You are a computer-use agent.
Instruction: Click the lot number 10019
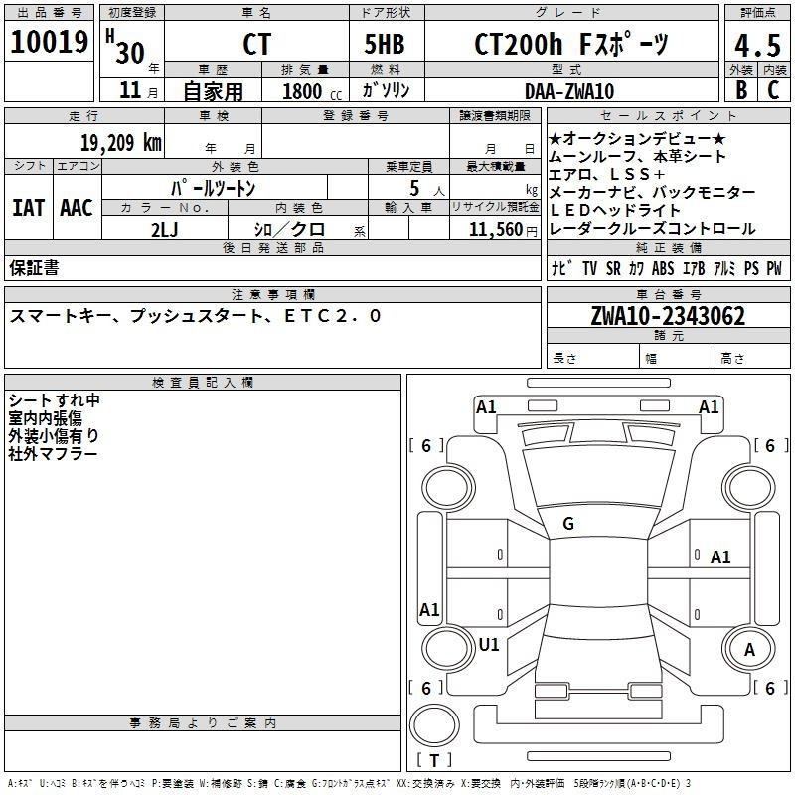click(49, 42)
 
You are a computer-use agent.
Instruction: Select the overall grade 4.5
click(757, 46)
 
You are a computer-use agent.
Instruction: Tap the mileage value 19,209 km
click(120, 143)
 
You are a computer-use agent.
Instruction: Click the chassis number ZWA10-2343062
click(668, 316)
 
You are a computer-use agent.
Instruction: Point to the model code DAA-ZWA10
click(569, 91)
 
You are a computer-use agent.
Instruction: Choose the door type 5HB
click(385, 44)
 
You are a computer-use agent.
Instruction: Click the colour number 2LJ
click(165, 230)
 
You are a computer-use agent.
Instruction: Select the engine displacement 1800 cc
click(312, 92)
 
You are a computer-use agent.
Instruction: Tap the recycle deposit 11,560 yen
click(503, 230)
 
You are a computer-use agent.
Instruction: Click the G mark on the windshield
click(568, 524)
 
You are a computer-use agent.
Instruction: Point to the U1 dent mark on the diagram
click(489, 644)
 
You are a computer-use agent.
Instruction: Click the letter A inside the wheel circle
click(749, 650)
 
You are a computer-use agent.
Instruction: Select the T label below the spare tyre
click(434, 760)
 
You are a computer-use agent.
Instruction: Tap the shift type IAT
click(29, 208)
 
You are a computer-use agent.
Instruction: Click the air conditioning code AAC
click(77, 208)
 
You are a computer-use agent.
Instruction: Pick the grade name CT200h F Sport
click(571, 44)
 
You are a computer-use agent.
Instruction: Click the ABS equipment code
click(663, 268)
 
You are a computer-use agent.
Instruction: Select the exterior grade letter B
click(741, 90)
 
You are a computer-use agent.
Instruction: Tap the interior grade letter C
click(773, 90)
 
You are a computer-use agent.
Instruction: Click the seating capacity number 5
click(414, 189)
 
